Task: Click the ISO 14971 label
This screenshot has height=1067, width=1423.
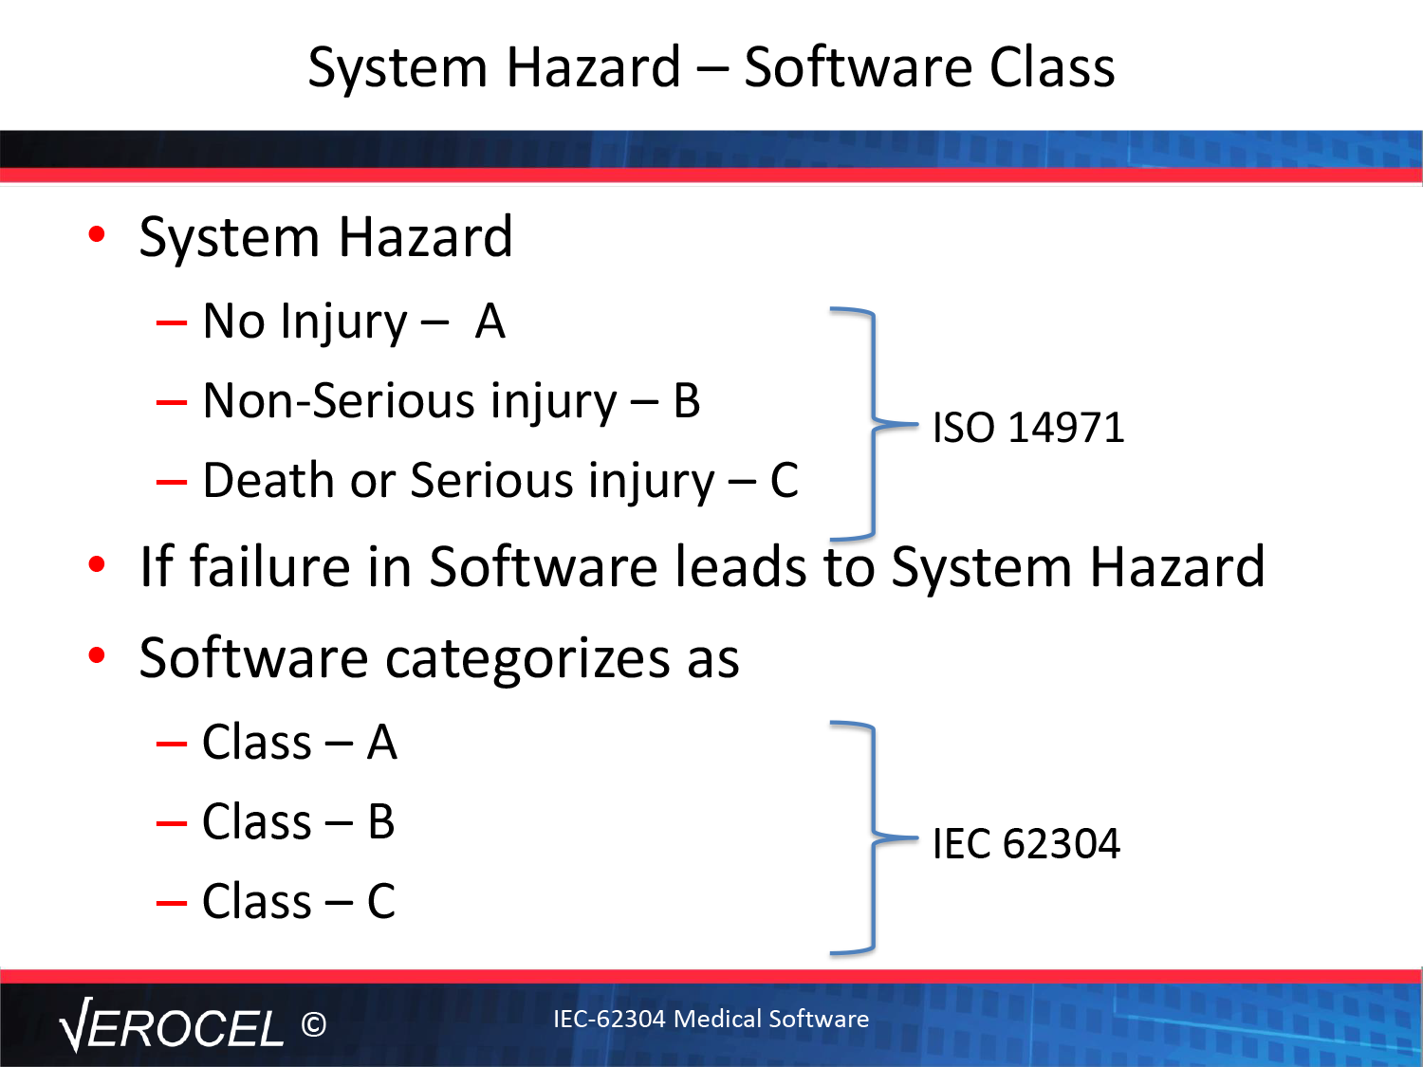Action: [1028, 428]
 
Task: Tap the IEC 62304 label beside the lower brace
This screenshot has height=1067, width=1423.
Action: [1026, 843]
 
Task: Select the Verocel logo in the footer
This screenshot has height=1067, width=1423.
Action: [172, 1024]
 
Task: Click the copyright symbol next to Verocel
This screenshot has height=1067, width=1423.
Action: [314, 1024]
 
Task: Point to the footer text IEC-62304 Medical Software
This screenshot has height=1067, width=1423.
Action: [711, 1019]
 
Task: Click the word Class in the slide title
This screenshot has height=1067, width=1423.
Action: [1051, 67]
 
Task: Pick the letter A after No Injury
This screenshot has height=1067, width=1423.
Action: [490, 322]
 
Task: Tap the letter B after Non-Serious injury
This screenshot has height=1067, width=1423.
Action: [687, 401]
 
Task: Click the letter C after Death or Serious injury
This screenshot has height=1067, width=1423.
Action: [784, 481]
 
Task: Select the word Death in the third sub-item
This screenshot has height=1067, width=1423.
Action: [268, 480]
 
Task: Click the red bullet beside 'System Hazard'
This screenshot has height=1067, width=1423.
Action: [97, 234]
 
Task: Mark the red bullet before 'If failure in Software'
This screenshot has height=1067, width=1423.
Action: [97, 564]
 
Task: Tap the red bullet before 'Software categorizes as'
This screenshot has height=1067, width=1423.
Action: [97, 655]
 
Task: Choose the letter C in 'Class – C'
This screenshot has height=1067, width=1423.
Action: [381, 901]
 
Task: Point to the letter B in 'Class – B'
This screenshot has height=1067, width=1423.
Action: [381, 821]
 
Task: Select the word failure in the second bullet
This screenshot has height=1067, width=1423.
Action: [270, 566]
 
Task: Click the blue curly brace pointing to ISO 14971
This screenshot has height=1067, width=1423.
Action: [874, 424]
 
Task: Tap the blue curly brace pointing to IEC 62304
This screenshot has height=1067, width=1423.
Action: [874, 838]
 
